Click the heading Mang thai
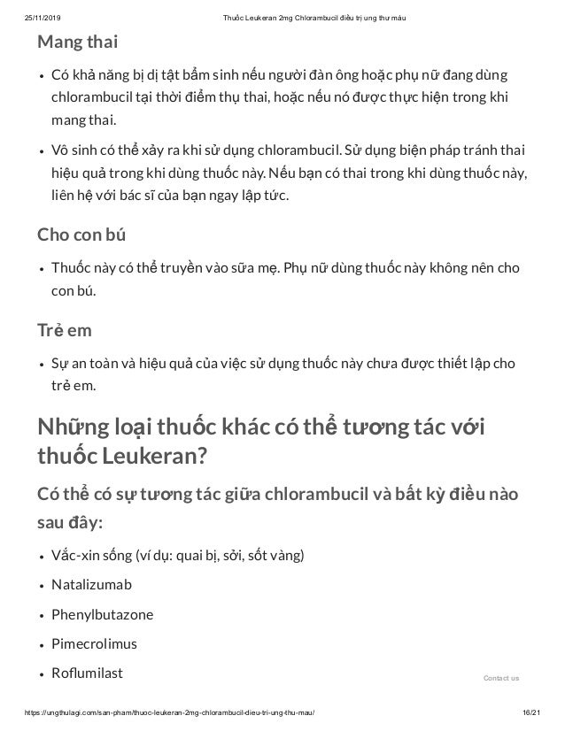[x=76, y=42]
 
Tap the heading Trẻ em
[x=64, y=330]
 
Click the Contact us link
[x=501, y=678]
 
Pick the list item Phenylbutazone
[x=102, y=614]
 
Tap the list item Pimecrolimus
[x=94, y=643]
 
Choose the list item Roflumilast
[x=88, y=673]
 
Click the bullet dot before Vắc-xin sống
[x=42, y=557]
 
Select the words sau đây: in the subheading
[x=70, y=522]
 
